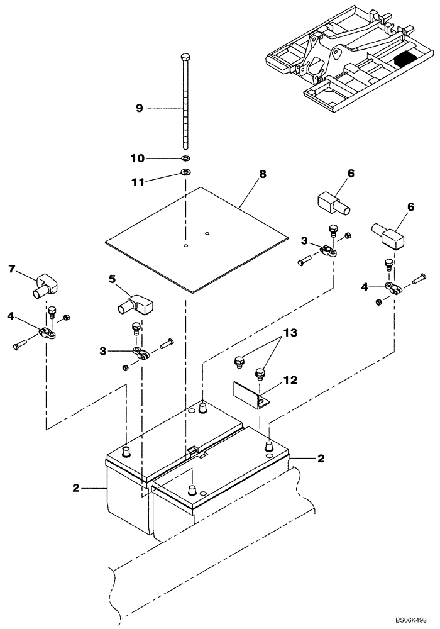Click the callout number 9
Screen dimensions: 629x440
click(140, 108)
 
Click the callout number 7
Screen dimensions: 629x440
click(11, 269)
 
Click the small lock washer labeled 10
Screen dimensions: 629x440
click(185, 157)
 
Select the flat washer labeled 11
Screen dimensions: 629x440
click(185, 172)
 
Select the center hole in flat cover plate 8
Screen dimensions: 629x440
click(185, 245)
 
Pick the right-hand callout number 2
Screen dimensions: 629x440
click(321, 459)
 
